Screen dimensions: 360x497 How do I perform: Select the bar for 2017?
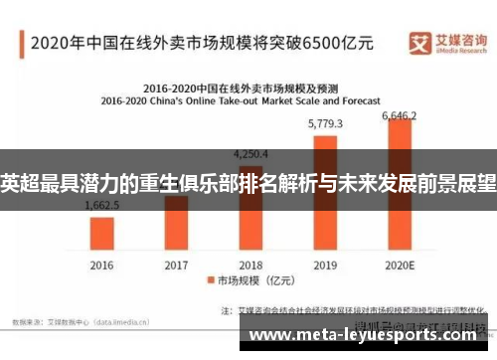pos(176,223)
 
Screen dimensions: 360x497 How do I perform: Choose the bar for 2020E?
pos(400,184)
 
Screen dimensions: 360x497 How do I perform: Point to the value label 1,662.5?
pos(102,206)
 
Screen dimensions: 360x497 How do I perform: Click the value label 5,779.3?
pos(325,124)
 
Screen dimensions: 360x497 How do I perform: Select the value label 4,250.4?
pos(249,154)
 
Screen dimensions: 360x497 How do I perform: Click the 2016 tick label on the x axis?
pos(102,266)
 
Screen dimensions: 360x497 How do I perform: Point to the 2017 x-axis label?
pos(176,266)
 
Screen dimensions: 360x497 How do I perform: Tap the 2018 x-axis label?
pos(249,266)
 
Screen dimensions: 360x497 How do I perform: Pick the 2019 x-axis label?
pos(325,266)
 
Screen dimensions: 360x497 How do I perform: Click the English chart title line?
pos(249,99)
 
